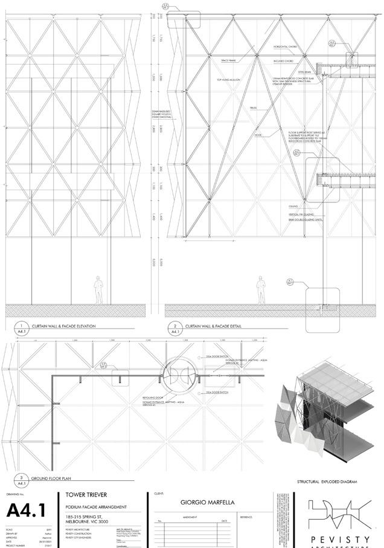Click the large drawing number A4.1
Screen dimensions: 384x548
tap(27, 511)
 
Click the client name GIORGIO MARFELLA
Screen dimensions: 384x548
tap(208, 501)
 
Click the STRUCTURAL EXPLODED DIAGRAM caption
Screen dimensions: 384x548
tap(327, 482)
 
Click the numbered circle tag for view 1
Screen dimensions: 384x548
tap(22, 326)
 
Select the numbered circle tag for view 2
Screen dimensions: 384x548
tap(176, 326)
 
